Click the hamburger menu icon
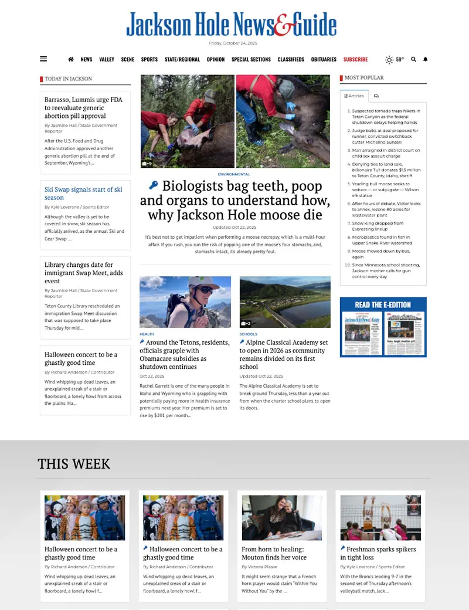[x=43, y=59]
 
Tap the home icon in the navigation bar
[x=71, y=59]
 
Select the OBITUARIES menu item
[x=324, y=59]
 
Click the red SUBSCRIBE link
[x=355, y=59]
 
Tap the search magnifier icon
[x=413, y=59]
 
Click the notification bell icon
[x=426, y=59]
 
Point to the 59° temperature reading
[x=399, y=59]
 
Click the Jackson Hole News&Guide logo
[x=231, y=25]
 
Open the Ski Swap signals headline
[x=83, y=194]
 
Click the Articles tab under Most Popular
[x=354, y=96]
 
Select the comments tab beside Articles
[x=376, y=96]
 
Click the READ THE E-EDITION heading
[x=383, y=304]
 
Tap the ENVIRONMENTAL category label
[x=233, y=174]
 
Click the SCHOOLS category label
[x=248, y=334]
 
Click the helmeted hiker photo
[x=185, y=302]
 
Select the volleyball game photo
[x=380, y=517]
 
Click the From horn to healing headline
[x=274, y=553]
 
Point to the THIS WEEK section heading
[x=74, y=464]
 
